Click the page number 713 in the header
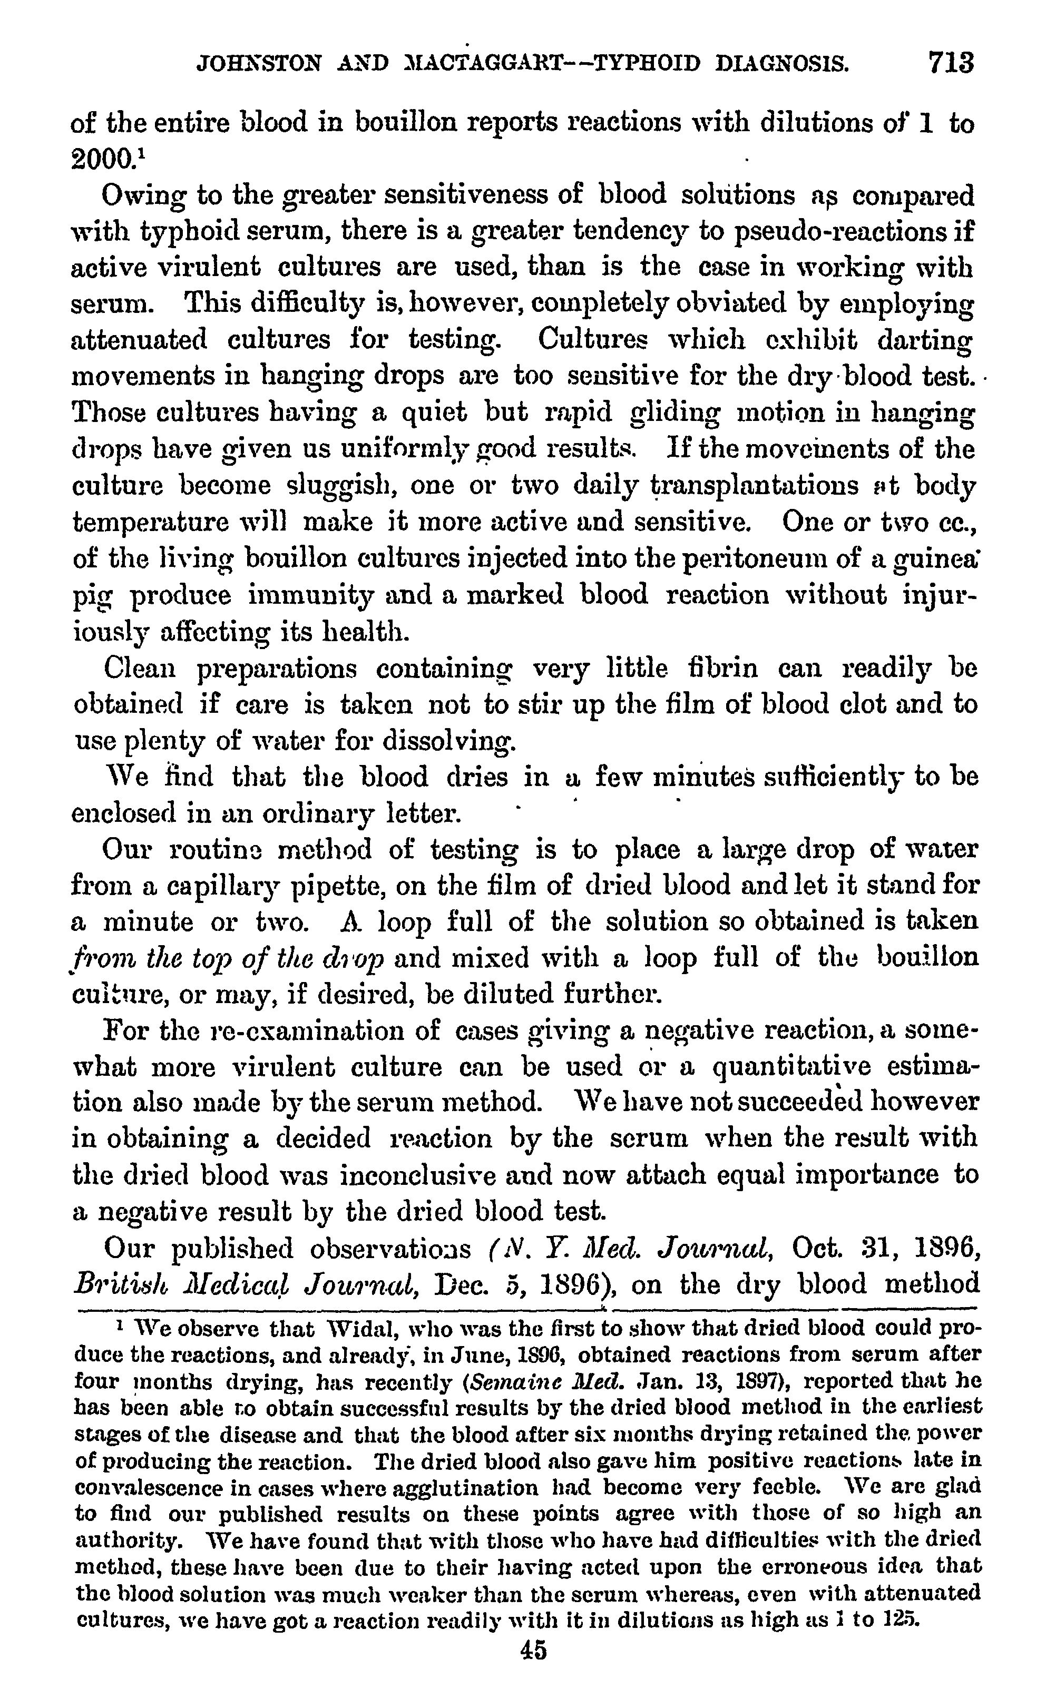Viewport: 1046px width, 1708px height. click(x=951, y=63)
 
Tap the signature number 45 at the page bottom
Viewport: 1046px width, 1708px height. click(x=533, y=1649)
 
